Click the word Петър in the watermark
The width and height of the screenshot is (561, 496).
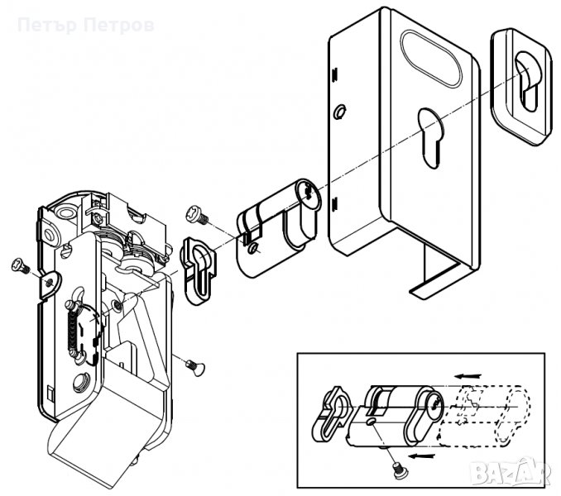pyautogui.click(x=47, y=26)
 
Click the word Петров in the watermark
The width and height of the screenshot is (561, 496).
pyautogui.click(x=120, y=26)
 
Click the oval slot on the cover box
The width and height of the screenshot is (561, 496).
pyautogui.click(x=431, y=59)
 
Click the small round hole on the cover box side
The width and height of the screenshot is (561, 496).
pyautogui.click(x=339, y=112)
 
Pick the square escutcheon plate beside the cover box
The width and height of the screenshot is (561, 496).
pyautogui.click(x=520, y=87)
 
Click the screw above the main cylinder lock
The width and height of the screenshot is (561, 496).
pyautogui.click(x=197, y=214)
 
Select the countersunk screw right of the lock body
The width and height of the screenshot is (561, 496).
pyautogui.click(x=195, y=367)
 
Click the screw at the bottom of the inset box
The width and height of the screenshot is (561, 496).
pyautogui.click(x=399, y=470)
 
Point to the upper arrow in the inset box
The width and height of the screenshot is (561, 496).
pyautogui.click(x=468, y=376)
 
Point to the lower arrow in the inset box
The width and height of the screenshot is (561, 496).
pyautogui.click(x=422, y=456)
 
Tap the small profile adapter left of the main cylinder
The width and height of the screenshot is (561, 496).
pyautogui.click(x=199, y=270)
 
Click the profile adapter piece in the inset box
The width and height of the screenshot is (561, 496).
pyautogui.click(x=332, y=414)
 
